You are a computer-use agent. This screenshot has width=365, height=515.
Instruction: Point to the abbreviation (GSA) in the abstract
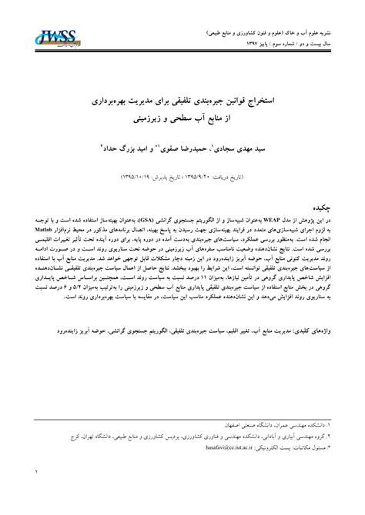tap(152, 198)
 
